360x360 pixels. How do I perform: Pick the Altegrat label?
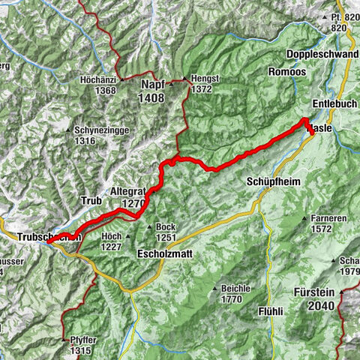pos(127,192)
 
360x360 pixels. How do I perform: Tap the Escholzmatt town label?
pos(165,254)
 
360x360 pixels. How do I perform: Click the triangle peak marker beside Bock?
pos(150,228)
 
